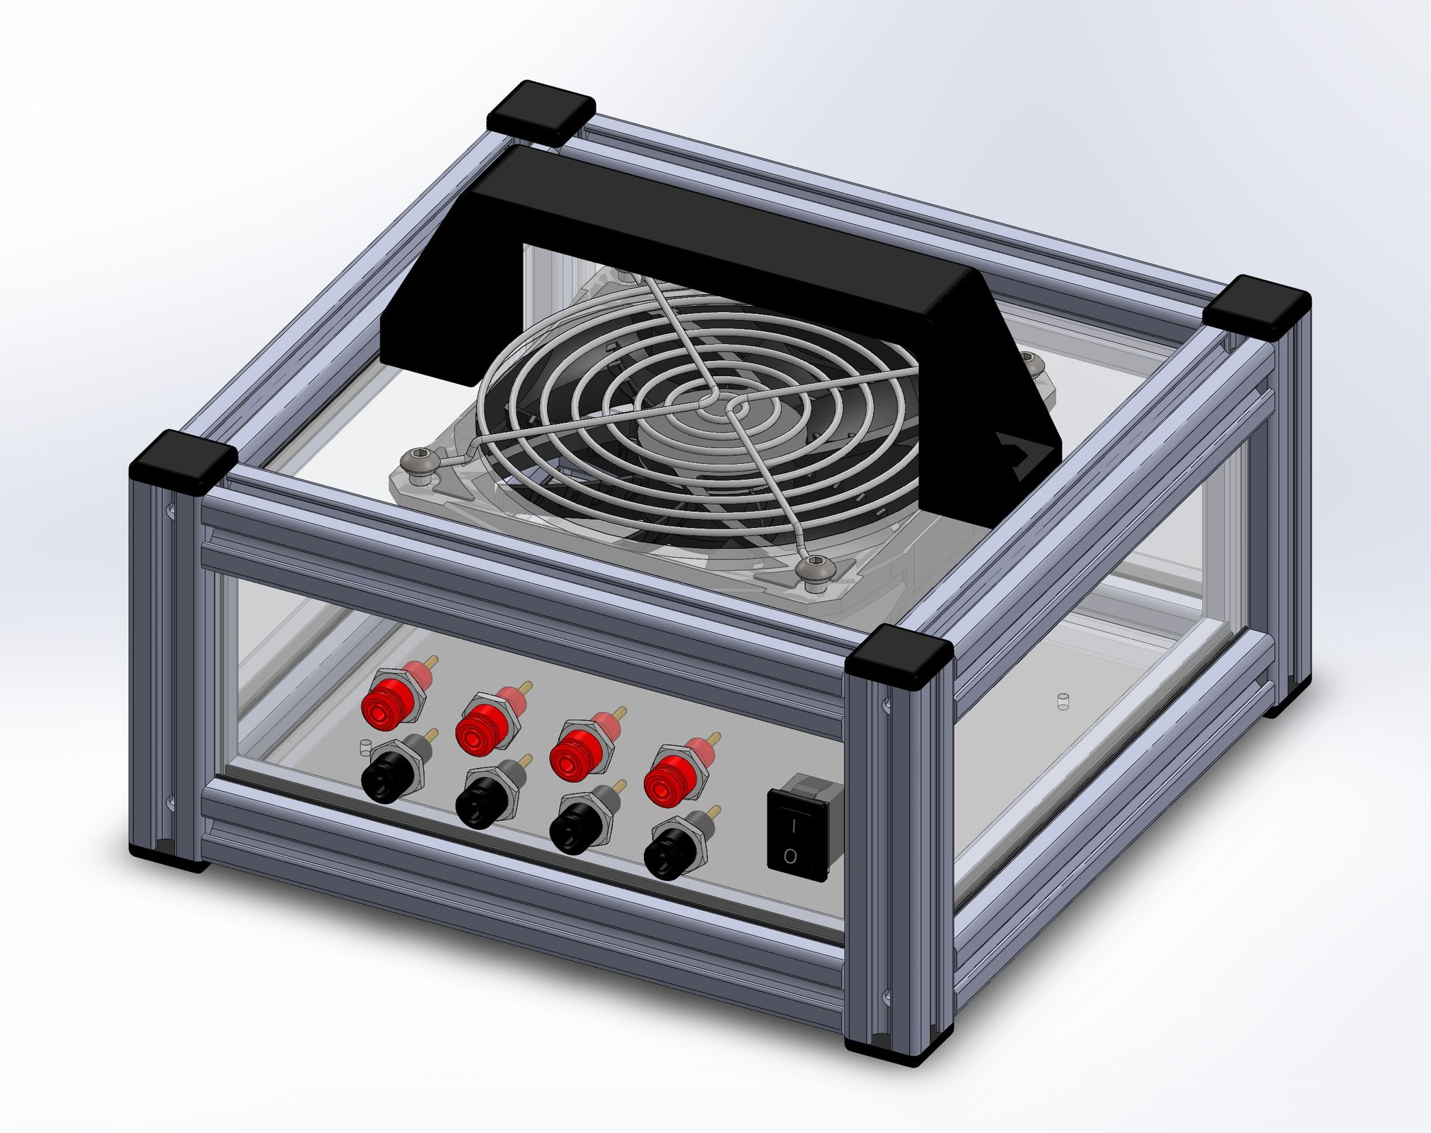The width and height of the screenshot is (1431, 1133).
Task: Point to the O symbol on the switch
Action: [790, 856]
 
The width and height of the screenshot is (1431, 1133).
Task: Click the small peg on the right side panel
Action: [1060, 702]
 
